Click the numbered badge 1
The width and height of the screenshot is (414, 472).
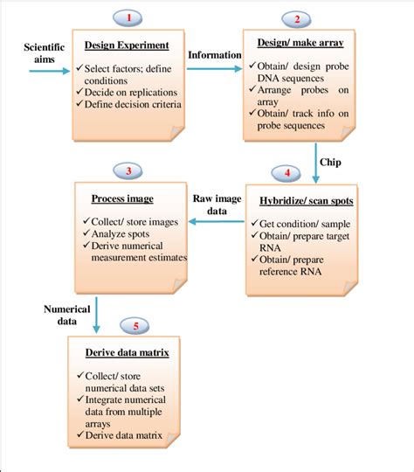tap(130, 17)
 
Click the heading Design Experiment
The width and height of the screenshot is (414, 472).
tap(126, 45)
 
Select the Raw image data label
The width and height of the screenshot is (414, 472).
tap(216, 205)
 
